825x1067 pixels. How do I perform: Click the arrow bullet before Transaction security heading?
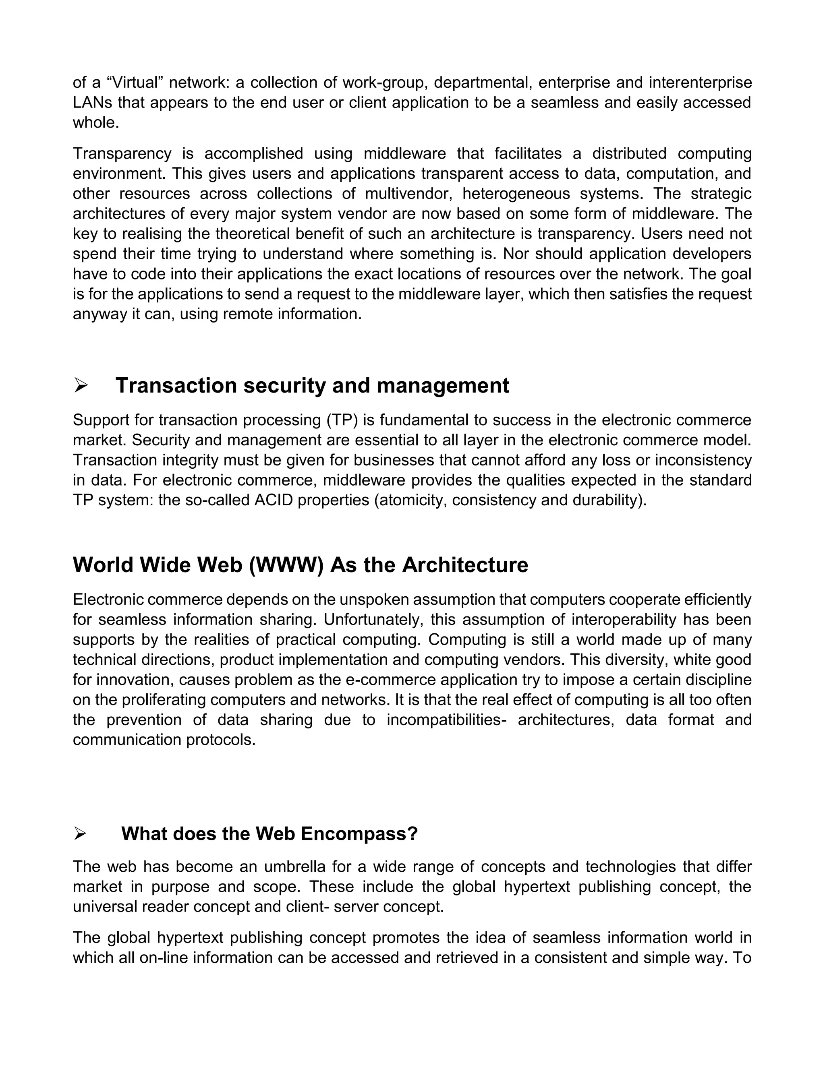click(x=81, y=386)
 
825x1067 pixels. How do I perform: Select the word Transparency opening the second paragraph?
click(x=122, y=153)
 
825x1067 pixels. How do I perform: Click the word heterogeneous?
click(x=516, y=193)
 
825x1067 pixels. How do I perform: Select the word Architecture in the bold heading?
click(x=465, y=565)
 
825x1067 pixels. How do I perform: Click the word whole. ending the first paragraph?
click(x=96, y=123)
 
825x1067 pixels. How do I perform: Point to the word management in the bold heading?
click(x=443, y=386)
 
